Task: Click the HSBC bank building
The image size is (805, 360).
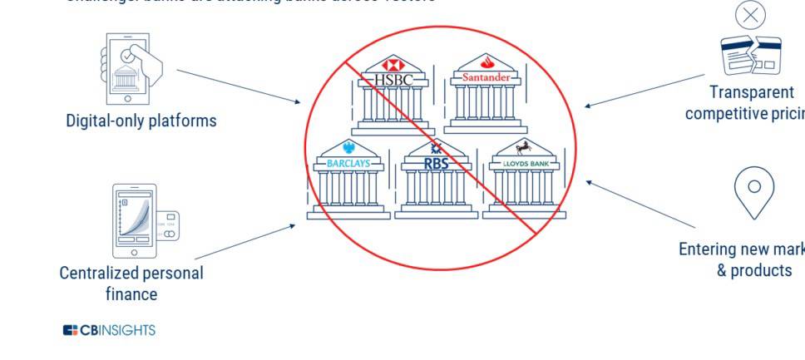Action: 393,104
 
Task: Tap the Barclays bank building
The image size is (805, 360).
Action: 348,188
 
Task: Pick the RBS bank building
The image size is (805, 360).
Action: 436,188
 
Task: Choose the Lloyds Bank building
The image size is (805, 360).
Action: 524,188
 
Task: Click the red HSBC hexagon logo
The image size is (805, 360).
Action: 393,64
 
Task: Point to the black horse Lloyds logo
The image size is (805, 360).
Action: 524,149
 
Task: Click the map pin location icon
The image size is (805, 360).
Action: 754,191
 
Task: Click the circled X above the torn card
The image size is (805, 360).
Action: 751,15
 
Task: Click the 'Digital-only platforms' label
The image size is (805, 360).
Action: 141,121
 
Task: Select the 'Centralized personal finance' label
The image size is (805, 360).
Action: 131,283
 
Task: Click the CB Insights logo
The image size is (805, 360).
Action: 109,330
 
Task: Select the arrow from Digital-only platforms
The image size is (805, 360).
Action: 239,86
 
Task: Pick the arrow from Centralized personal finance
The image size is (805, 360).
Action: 244,242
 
